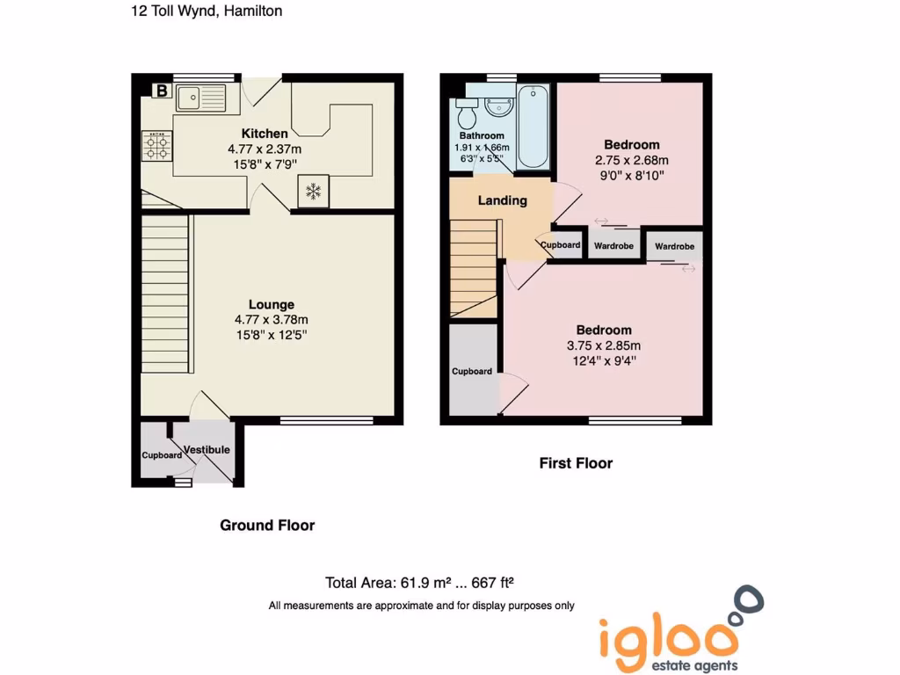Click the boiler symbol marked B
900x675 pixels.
pyautogui.click(x=162, y=90)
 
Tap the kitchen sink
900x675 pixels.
pyautogui.click(x=200, y=97)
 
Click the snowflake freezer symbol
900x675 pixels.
pyautogui.click(x=313, y=192)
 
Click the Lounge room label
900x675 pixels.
pyautogui.click(x=271, y=305)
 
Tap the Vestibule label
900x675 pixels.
pyautogui.click(x=207, y=450)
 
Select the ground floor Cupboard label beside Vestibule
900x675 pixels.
pyautogui.click(x=162, y=455)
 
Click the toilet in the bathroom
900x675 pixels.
pyautogui.click(x=466, y=113)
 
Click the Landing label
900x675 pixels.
pyautogui.click(x=502, y=200)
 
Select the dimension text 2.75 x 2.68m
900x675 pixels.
pyautogui.click(x=631, y=160)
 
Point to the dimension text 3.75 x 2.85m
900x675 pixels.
pyautogui.click(x=604, y=345)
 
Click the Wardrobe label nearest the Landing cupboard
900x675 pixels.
pyautogui.click(x=613, y=246)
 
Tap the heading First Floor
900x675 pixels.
pyautogui.click(x=576, y=463)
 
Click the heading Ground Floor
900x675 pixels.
pyautogui.click(x=267, y=526)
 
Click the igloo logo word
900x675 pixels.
pyautogui.click(x=668, y=638)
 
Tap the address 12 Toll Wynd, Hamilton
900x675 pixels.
pyautogui.click(x=207, y=11)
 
